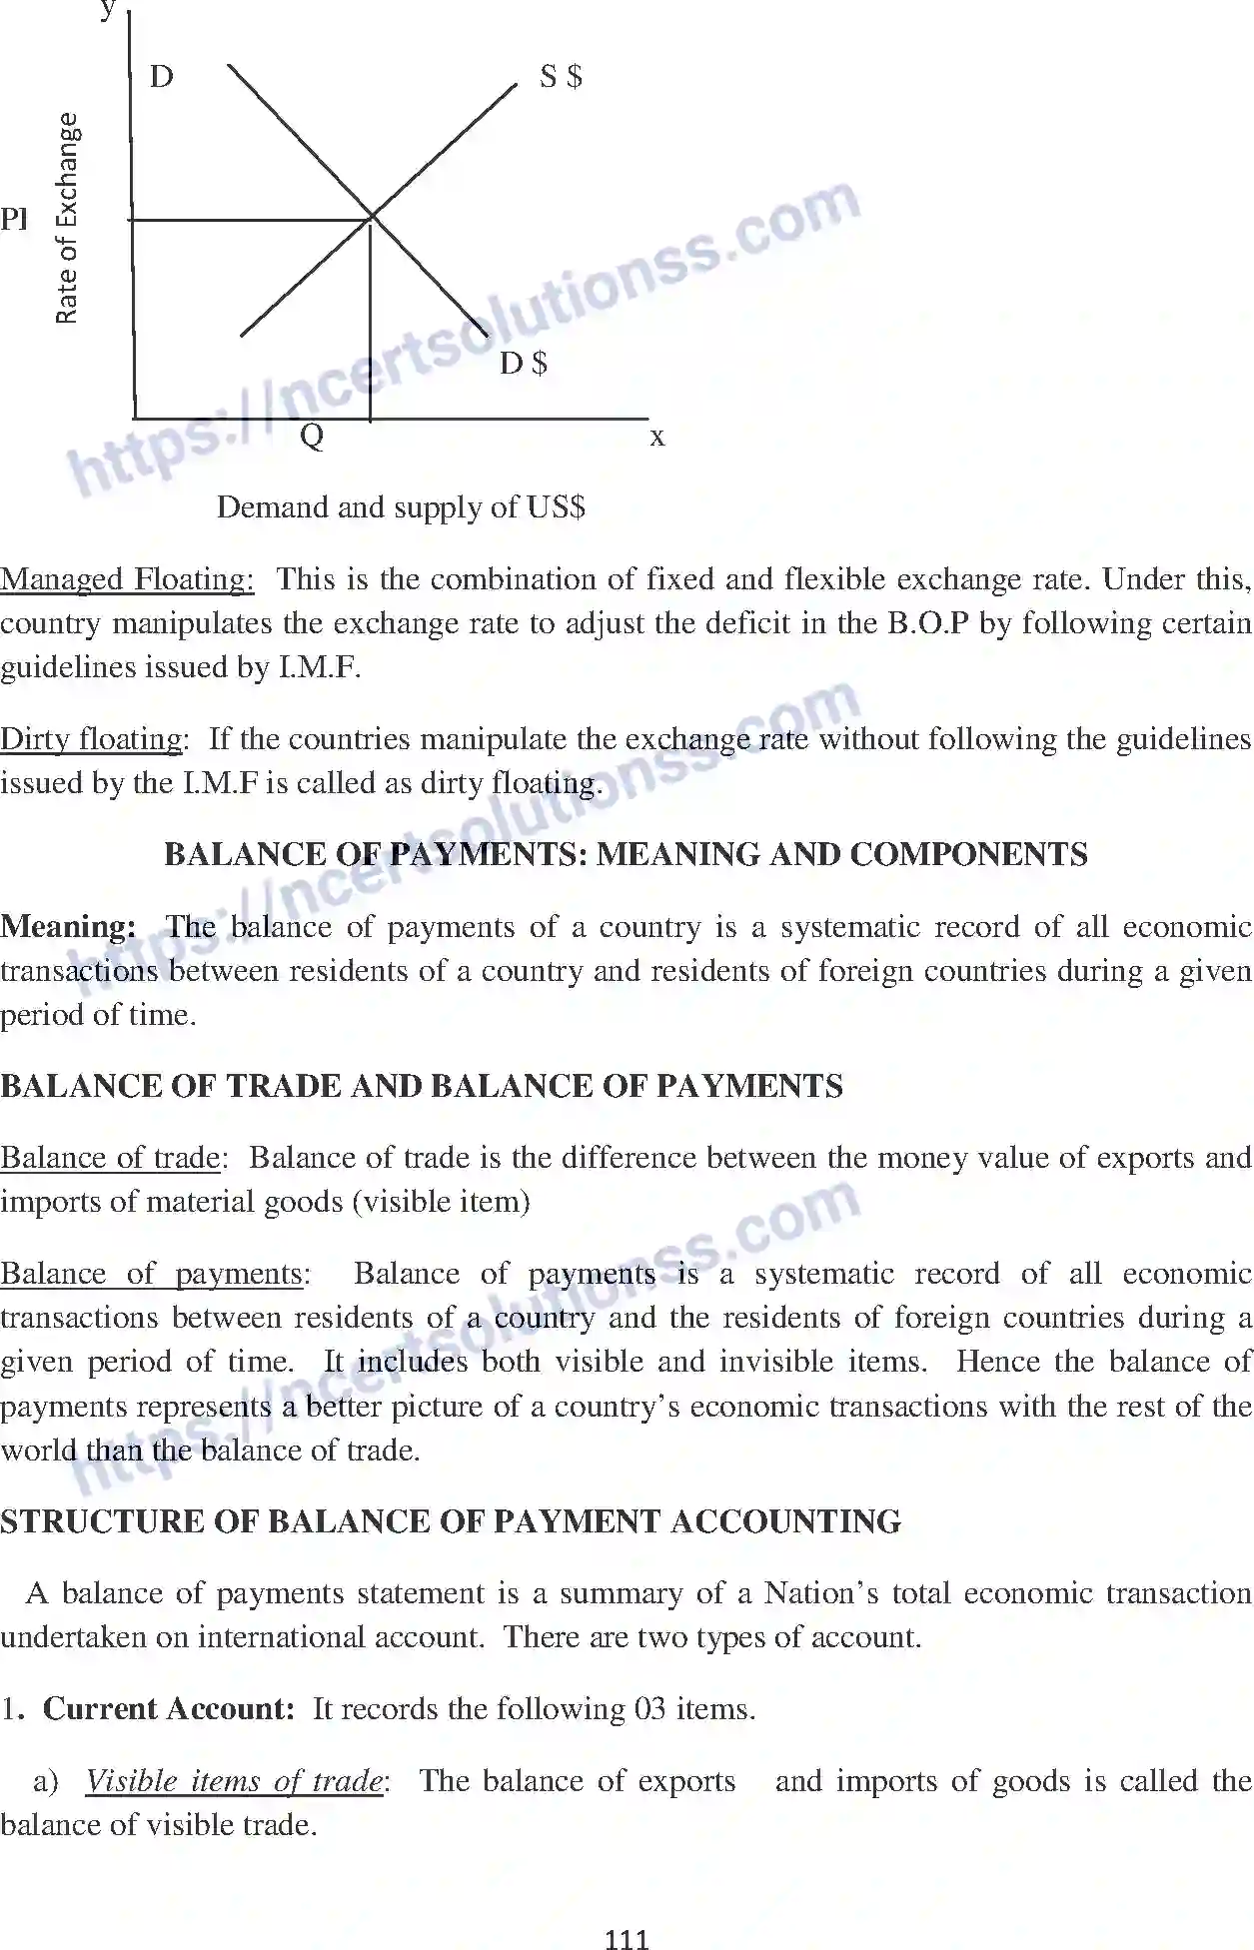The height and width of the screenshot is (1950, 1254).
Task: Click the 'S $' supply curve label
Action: [x=561, y=77]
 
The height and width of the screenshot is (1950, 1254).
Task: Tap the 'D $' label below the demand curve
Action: [x=524, y=364]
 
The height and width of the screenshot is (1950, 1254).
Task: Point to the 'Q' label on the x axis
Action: [x=312, y=437]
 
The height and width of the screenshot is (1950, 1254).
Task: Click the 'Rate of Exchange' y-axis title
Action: [x=66, y=219]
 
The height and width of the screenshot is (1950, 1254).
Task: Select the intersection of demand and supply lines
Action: [x=372, y=217]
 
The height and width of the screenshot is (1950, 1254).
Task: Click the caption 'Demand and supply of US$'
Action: [x=401, y=507]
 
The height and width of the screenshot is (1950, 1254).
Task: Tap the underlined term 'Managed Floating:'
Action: [x=127, y=579]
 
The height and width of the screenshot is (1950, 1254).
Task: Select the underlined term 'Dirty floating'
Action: [x=92, y=739]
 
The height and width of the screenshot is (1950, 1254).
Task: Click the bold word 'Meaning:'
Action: [x=68, y=927]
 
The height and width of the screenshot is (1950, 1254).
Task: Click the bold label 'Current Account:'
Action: [x=169, y=1709]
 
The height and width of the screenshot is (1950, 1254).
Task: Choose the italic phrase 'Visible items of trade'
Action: [x=234, y=1781]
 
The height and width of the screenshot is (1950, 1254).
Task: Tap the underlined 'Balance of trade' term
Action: [x=110, y=1158]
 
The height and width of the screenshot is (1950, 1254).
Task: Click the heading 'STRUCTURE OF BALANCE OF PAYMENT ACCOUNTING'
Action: [x=451, y=1521]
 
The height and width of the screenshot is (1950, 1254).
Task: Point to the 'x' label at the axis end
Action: [x=656, y=438]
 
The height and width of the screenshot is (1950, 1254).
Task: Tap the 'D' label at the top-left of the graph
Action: [x=161, y=77]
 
